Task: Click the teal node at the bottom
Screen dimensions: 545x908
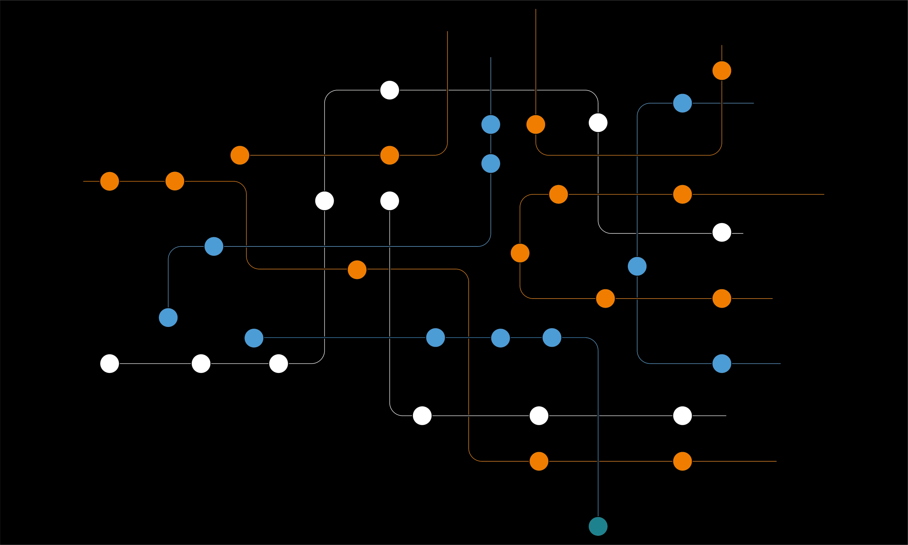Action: (598, 526)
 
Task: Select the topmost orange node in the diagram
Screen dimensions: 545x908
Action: (722, 71)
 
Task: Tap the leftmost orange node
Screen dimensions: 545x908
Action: (110, 181)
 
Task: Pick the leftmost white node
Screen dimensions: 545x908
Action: (110, 363)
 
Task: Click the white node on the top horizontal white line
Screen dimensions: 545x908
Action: (390, 90)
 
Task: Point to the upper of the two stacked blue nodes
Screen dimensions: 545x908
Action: (491, 124)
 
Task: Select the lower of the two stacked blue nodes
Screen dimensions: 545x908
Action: (491, 163)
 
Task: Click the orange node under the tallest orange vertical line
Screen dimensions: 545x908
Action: (536, 124)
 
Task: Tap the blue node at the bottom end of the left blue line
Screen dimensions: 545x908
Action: (168, 317)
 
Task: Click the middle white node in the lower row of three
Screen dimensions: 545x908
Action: (539, 416)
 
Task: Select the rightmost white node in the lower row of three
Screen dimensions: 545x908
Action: (682, 416)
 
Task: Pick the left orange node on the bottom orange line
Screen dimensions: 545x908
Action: (539, 461)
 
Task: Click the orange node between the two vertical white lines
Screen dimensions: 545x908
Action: (357, 269)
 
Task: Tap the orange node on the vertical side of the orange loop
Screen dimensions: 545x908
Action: (520, 253)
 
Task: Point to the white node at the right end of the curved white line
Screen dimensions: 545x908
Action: (722, 233)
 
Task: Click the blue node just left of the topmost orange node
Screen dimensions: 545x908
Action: (682, 103)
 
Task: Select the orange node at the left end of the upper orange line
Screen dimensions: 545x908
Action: (240, 155)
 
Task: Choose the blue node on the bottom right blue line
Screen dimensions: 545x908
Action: (722, 363)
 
